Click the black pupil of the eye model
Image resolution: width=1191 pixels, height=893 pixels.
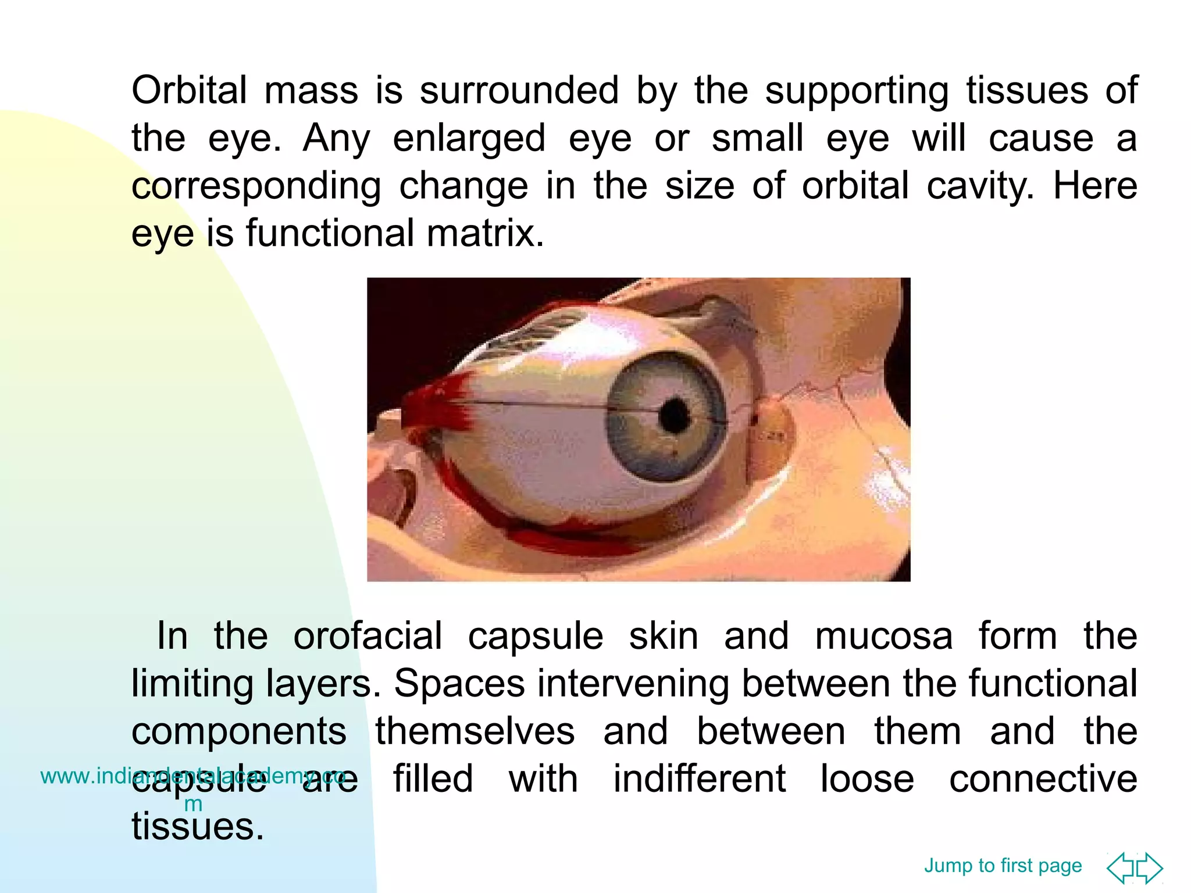tap(675, 415)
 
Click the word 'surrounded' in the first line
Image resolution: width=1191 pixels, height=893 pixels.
tap(519, 91)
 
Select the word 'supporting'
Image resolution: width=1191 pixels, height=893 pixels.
tap(857, 92)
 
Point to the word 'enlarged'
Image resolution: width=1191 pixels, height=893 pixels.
tap(469, 140)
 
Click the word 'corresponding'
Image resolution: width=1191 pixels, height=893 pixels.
tap(256, 187)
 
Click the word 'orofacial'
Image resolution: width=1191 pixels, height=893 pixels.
tap(368, 636)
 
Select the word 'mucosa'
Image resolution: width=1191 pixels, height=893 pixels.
tap(884, 636)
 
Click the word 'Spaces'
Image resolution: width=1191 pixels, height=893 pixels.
tap(459, 684)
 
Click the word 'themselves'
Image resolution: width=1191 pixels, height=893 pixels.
tap(475, 731)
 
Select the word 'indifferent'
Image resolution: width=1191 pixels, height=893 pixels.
tap(700, 779)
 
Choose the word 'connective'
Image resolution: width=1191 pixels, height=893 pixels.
tap(1043, 779)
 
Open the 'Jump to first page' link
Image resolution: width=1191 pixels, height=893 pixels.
tap(1003, 865)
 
